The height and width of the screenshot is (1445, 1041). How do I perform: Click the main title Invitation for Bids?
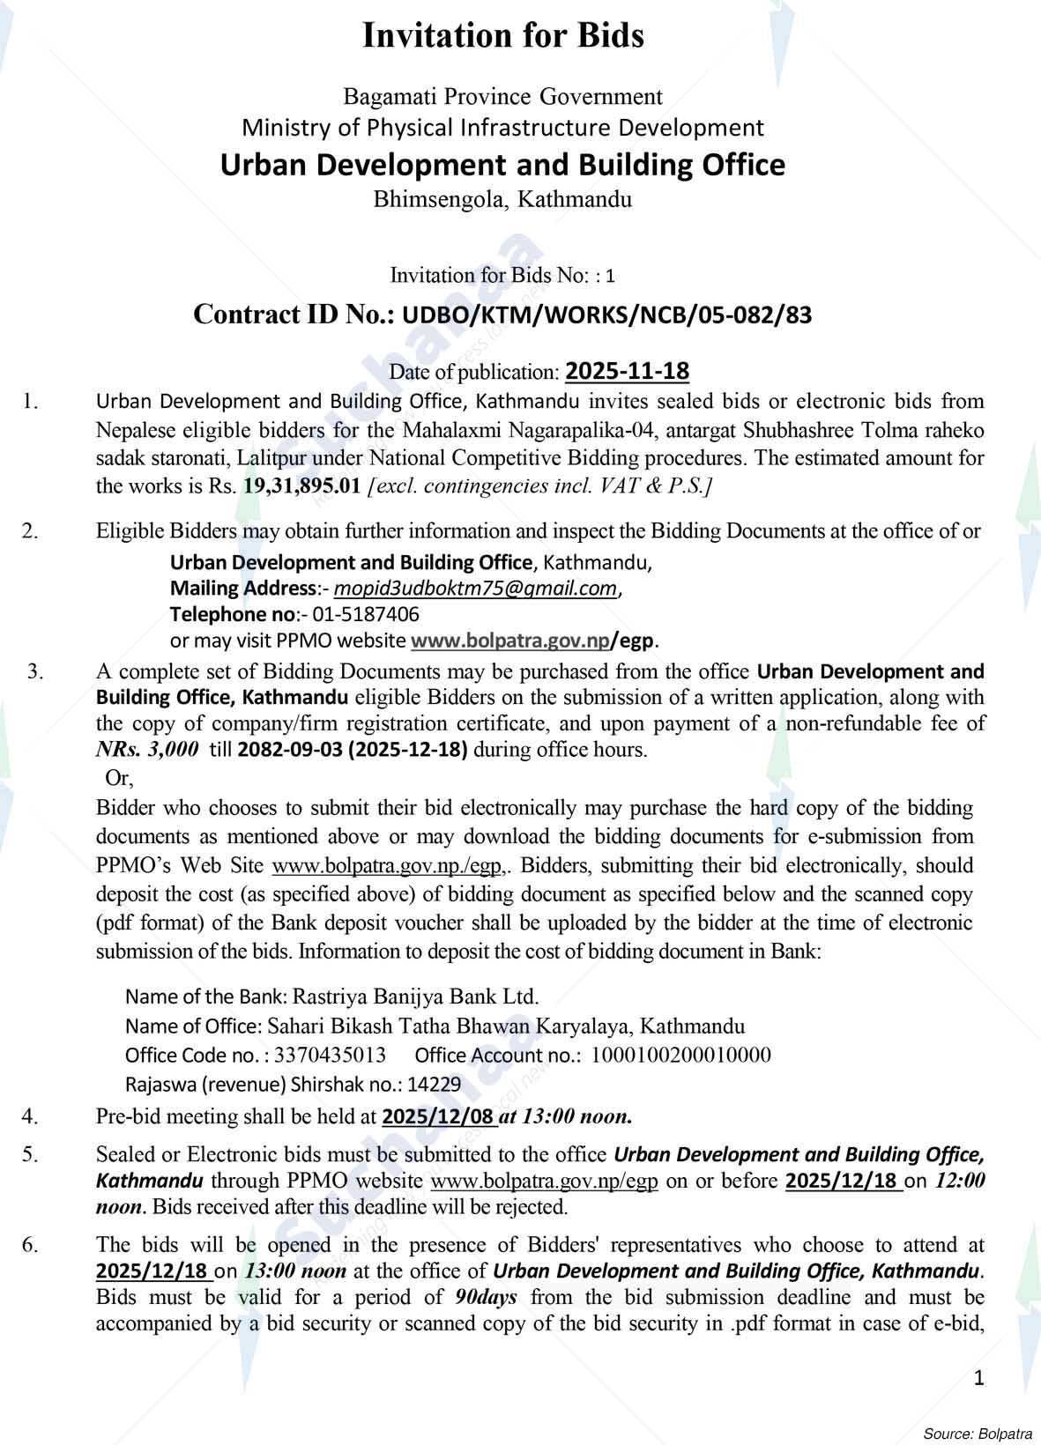(503, 36)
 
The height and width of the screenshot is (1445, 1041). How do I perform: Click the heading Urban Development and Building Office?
(502, 165)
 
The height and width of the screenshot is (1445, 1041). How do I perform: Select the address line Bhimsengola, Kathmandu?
(502, 199)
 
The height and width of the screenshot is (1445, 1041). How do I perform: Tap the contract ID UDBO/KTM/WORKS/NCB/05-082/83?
(606, 315)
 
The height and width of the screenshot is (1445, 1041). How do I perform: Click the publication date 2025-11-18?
(627, 371)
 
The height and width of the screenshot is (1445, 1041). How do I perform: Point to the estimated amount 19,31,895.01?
(301, 486)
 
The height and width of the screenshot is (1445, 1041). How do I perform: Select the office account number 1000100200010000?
(680, 1055)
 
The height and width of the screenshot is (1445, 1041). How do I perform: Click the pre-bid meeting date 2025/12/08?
(438, 1117)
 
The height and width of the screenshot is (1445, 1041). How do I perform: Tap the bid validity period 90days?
(486, 1297)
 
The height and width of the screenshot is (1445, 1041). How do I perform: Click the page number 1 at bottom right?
(978, 1378)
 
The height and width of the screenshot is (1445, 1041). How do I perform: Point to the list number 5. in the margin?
(30, 1154)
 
